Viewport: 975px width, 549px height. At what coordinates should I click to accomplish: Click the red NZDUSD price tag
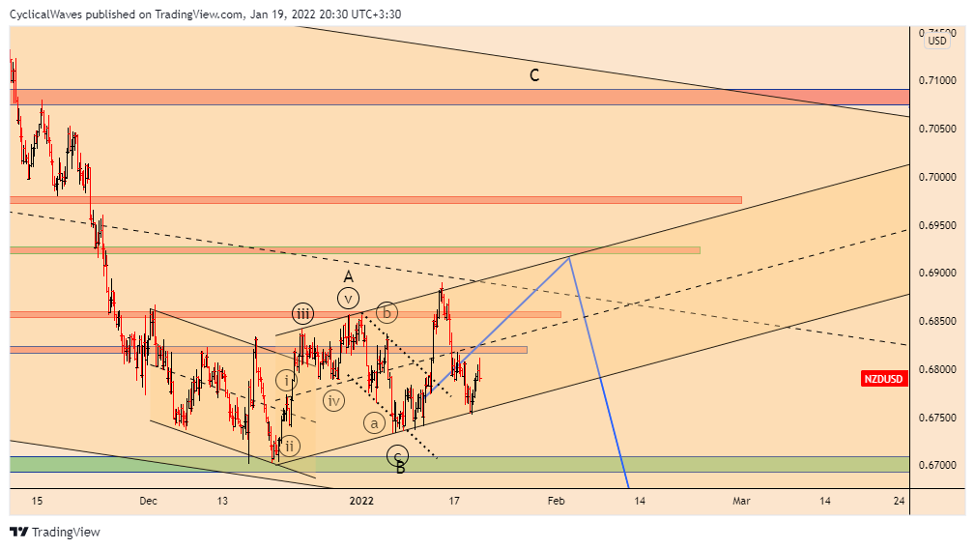point(883,379)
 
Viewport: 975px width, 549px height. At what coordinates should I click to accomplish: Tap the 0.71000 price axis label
point(936,80)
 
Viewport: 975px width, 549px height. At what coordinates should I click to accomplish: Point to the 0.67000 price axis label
point(936,466)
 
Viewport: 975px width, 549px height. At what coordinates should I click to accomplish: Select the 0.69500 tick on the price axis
point(936,225)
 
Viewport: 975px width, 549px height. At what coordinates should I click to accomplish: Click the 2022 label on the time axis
point(361,501)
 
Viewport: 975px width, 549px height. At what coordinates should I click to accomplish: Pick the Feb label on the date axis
point(556,501)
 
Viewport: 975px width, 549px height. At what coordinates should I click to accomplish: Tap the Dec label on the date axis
point(148,501)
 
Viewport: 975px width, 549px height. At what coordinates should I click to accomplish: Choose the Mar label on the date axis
point(741,501)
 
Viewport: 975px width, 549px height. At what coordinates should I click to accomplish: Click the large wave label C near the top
point(533,74)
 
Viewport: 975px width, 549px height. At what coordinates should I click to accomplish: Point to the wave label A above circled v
point(348,276)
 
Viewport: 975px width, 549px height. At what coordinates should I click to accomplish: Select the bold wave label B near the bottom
point(400,469)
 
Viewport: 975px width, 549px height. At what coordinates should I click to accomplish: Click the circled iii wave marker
point(303,312)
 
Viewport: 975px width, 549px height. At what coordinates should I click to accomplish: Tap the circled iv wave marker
point(333,400)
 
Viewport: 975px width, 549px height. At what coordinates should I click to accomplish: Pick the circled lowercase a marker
point(374,422)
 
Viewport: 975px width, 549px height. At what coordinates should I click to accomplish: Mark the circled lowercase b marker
point(386,312)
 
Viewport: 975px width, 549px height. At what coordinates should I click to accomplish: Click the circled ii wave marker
point(290,446)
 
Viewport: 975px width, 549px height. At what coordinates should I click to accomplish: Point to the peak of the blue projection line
point(571,255)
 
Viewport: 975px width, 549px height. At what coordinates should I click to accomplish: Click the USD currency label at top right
point(937,41)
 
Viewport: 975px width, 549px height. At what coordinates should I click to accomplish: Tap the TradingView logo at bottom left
point(55,532)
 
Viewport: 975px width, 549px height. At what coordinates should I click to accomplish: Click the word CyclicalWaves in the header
point(44,14)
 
